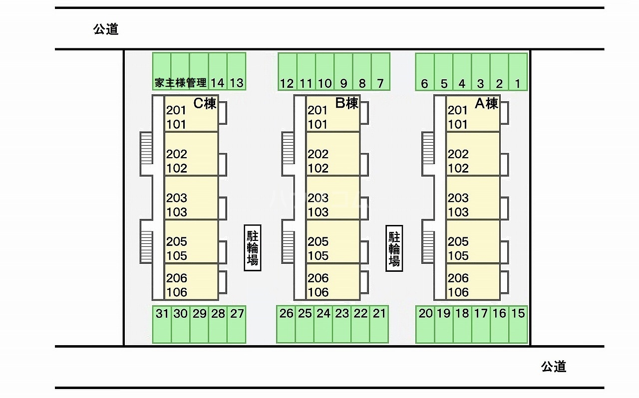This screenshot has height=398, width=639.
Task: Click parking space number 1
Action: [x=518, y=72]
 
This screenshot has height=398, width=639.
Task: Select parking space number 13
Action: [x=237, y=72]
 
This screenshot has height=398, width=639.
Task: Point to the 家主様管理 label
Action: [x=180, y=83]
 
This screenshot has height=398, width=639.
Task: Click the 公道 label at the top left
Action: [x=106, y=29]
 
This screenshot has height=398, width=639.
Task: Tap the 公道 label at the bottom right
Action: [x=554, y=367]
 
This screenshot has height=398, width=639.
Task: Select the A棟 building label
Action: [x=486, y=104]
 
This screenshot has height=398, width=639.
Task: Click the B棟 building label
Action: [x=346, y=104]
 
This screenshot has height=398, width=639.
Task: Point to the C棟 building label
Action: [x=205, y=104]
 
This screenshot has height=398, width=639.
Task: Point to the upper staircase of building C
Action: [x=146, y=148]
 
